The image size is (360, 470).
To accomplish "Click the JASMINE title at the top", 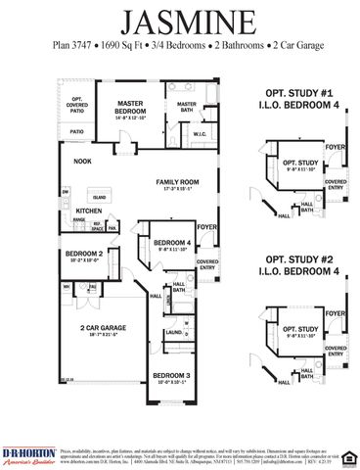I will click(x=179, y=21).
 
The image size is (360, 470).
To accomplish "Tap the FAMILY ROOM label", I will click(x=177, y=182).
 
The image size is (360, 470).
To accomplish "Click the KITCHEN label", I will click(x=89, y=211).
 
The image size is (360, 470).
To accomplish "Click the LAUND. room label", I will click(x=173, y=332).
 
